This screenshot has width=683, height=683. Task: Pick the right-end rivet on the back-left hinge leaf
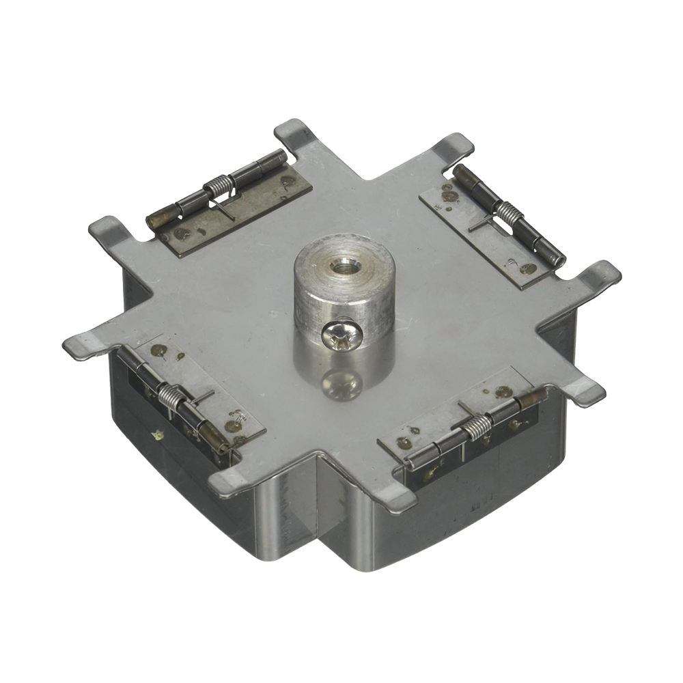point(288,182)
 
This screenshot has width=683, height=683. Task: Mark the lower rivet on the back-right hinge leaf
point(527,269)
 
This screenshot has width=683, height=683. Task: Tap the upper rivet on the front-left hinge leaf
point(159,350)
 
